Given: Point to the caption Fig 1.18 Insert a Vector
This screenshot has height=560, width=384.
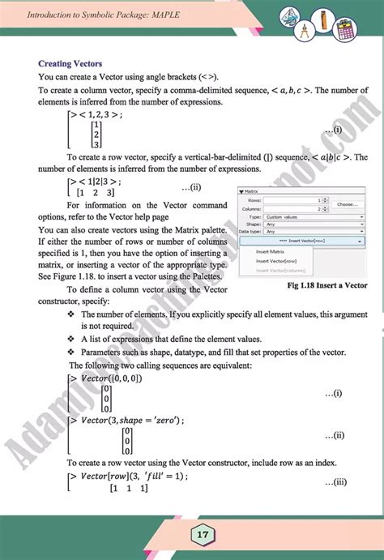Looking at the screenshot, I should (x=316, y=285).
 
